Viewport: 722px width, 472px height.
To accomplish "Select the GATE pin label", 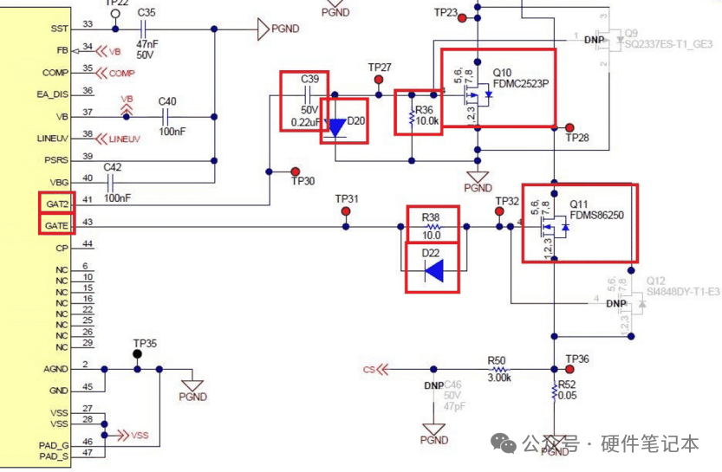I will tap(56, 225).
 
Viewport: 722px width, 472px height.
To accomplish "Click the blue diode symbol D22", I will tap(434, 271).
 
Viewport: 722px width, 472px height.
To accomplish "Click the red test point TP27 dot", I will tap(379, 81).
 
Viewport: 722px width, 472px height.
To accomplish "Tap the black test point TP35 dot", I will tap(137, 354).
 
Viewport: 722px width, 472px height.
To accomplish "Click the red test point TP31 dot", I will tap(346, 210).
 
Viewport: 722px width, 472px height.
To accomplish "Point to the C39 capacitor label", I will tap(309, 80).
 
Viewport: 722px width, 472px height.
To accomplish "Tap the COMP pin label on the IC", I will tap(56, 73).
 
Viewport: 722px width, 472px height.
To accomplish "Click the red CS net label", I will tap(369, 369).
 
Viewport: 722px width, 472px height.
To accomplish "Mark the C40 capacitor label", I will tap(167, 101).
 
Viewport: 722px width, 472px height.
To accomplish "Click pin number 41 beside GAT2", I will tap(88, 201).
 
